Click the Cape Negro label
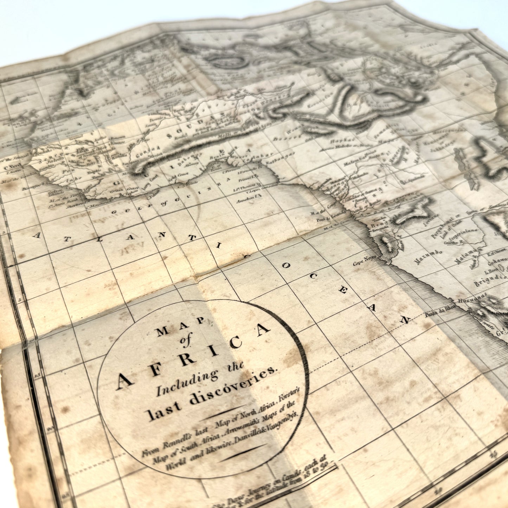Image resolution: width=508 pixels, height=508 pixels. pyautogui.click(x=365, y=262)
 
